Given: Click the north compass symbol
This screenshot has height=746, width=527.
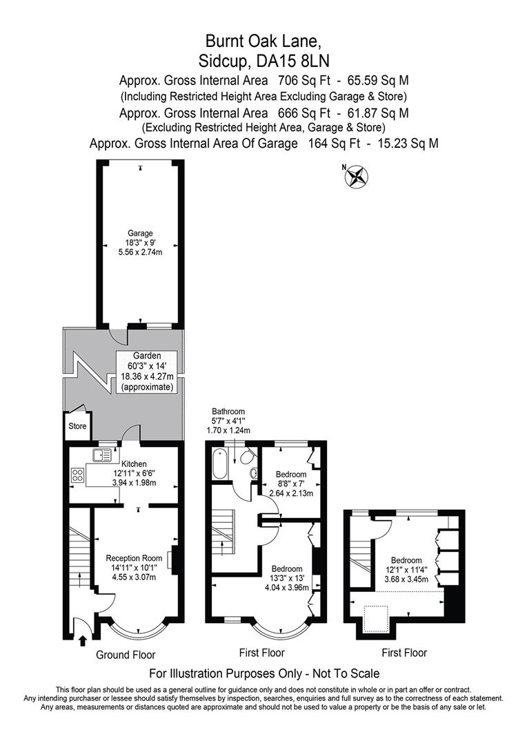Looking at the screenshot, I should pyautogui.click(x=357, y=176).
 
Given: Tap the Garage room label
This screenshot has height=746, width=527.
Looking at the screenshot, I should pyautogui.click(x=140, y=233).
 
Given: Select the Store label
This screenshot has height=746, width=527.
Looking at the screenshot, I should pyautogui.click(x=77, y=426).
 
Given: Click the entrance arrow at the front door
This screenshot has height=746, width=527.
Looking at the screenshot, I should pyautogui.click(x=83, y=641).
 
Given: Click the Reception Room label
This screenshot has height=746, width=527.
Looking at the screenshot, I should pyautogui.click(x=134, y=557).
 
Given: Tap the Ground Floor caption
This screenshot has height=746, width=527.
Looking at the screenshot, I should pyautogui.click(x=126, y=655).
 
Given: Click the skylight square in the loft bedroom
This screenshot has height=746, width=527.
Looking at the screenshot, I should pyautogui.click(x=377, y=615).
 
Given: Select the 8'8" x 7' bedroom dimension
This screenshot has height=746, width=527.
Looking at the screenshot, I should pyautogui.click(x=290, y=484).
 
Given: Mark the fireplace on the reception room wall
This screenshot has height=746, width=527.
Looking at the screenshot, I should pyautogui.click(x=175, y=559).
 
